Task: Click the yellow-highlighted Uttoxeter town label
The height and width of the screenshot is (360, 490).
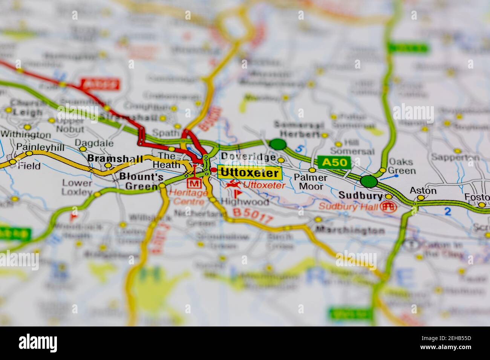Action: click(250, 173)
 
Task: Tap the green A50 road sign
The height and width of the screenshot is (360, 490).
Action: click(334, 162)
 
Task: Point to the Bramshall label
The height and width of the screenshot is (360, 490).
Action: click(115, 159)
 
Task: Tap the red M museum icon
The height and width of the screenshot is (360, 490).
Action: click(194, 183)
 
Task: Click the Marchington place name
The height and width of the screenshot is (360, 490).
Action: click(350, 230)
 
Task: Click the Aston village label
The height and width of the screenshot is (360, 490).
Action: click(423, 191)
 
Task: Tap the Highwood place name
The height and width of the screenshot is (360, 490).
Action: click(250, 202)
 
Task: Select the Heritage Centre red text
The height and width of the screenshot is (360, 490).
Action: click(188, 197)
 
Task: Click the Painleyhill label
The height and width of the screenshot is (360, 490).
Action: click(39, 147)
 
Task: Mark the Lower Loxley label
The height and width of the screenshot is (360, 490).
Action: click(77, 187)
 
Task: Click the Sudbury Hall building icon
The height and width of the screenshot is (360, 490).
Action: click(388, 206)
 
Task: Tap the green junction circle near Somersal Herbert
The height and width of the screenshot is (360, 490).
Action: click(278, 144)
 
